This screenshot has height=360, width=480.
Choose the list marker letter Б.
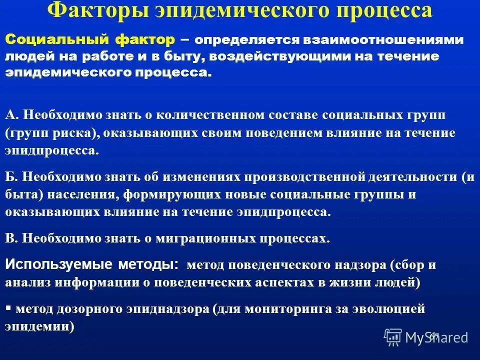11,177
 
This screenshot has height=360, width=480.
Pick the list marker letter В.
11,238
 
